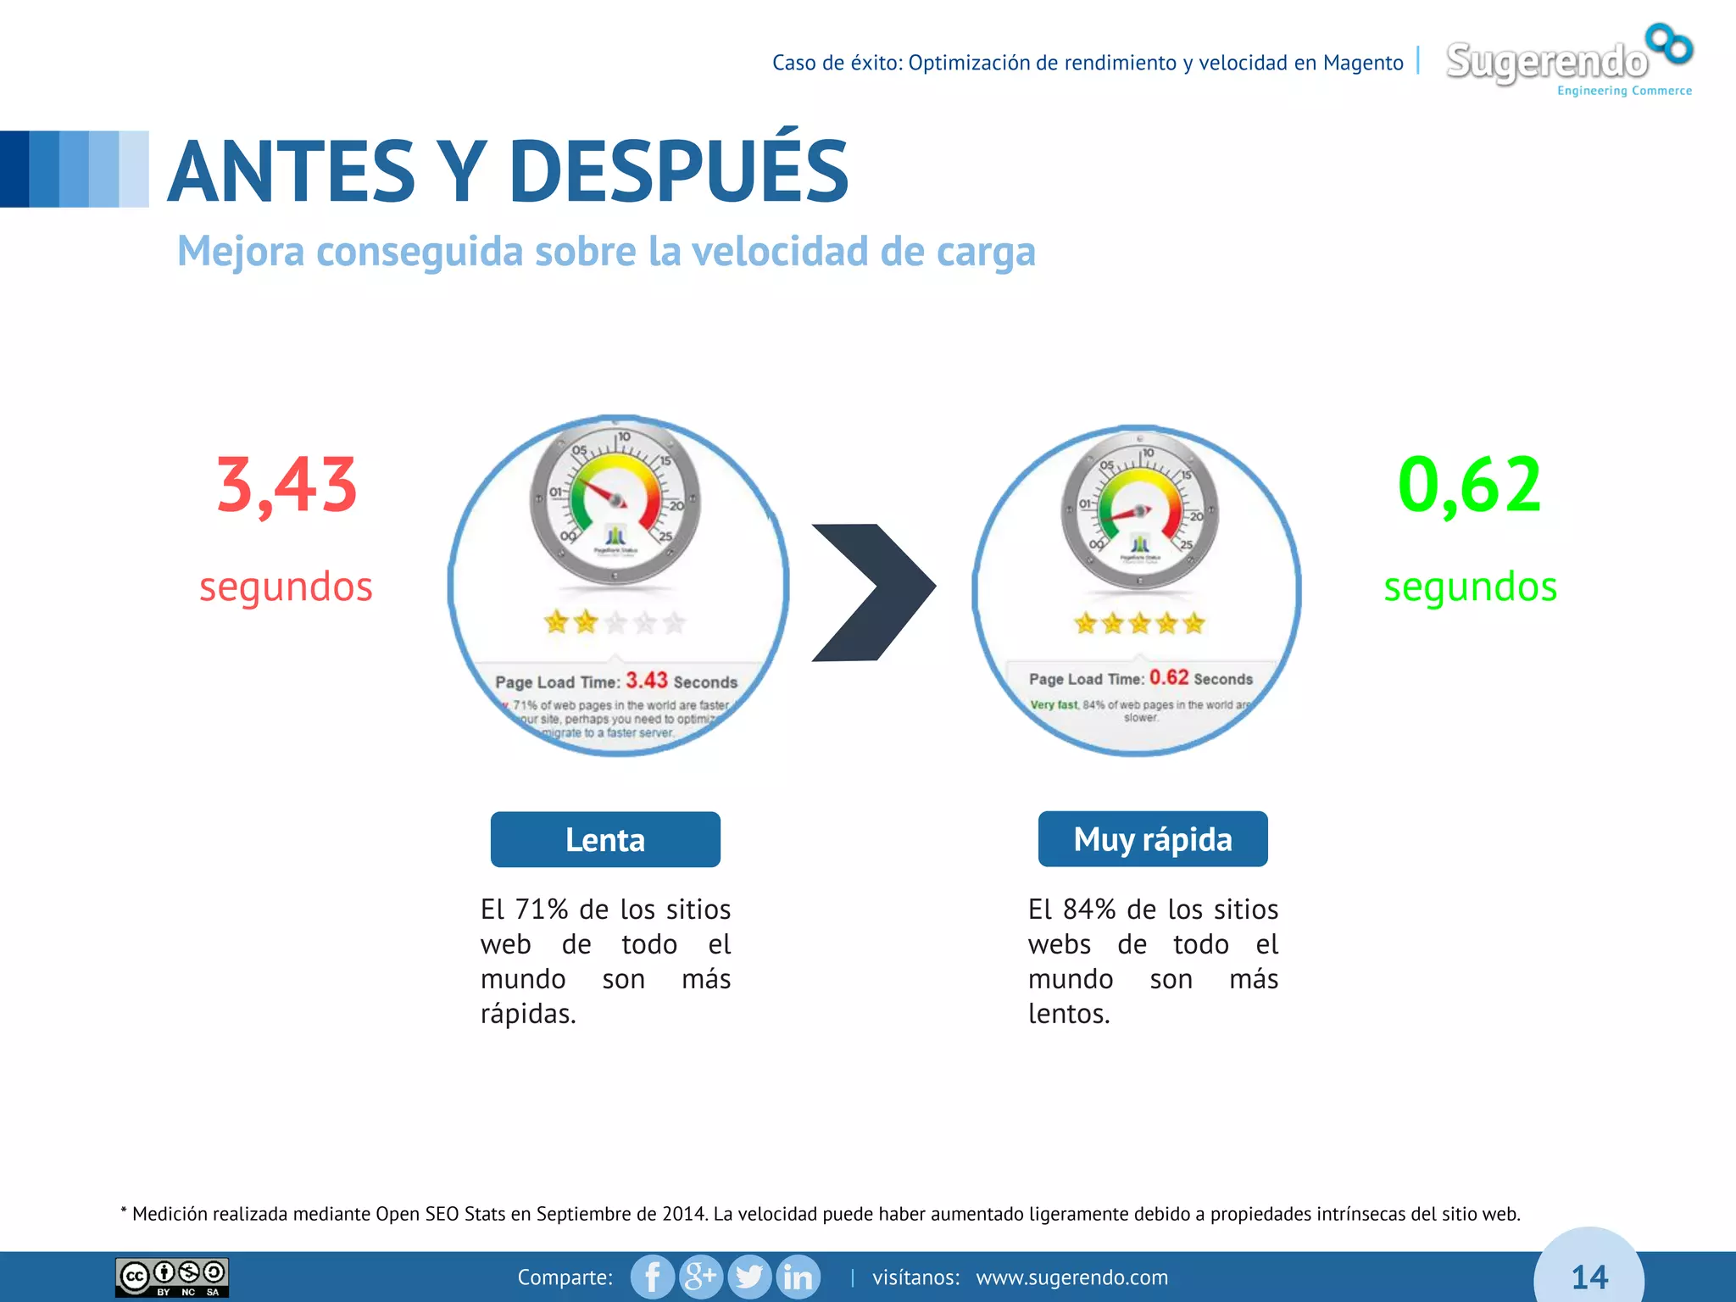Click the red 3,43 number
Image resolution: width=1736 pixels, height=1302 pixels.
tap(287, 485)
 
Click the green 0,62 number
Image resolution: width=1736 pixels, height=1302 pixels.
tap(1469, 485)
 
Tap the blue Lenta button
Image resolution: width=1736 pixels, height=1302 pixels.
tap(605, 839)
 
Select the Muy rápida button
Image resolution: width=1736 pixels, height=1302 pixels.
tap(1153, 839)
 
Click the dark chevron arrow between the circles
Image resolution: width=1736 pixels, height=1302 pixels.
tap(873, 592)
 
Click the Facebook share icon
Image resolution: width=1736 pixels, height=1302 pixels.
tap(653, 1277)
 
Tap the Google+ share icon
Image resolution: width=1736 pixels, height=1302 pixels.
tap(700, 1277)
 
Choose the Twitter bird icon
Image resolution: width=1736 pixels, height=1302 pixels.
tap(748, 1277)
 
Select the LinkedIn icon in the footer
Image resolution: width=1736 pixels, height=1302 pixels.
tap(798, 1277)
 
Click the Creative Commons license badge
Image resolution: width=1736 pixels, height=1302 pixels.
tap(172, 1277)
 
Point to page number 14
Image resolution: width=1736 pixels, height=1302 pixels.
tap(1589, 1277)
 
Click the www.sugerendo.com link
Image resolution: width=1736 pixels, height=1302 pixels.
tap(1071, 1277)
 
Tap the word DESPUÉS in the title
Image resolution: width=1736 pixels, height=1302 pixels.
tap(678, 171)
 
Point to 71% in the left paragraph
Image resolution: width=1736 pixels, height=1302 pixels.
tap(542, 910)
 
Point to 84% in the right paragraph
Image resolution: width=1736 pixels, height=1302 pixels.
tap(1089, 910)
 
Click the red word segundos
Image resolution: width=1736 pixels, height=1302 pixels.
tap(286, 587)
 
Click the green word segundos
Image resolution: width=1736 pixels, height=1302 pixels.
tap(1470, 587)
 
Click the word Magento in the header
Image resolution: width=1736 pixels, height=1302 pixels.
tap(1363, 63)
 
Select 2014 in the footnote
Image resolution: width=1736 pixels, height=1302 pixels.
tap(683, 1214)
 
